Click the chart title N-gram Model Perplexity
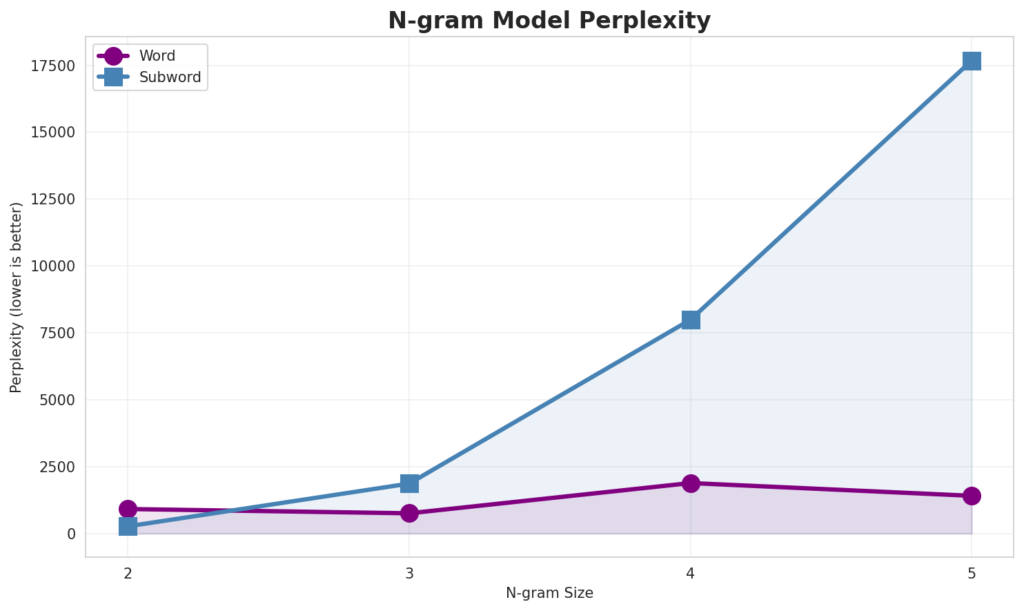(x=549, y=21)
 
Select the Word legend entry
(x=157, y=56)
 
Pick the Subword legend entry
(x=170, y=77)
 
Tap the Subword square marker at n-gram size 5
(x=972, y=61)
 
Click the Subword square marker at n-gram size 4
(x=691, y=320)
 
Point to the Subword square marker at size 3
(x=409, y=483)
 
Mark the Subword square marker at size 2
(x=128, y=527)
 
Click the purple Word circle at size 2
(x=128, y=509)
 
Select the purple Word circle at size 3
(x=409, y=513)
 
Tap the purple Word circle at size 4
(x=691, y=483)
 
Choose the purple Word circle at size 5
(x=972, y=496)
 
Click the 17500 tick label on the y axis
(x=53, y=66)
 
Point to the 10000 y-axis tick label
(x=53, y=266)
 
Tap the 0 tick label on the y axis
(x=71, y=534)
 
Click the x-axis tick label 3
(x=409, y=573)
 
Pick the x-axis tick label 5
(x=972, y=573)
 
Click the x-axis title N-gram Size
(x=549, y=593)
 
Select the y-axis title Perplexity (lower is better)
(x=17, y=297)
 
